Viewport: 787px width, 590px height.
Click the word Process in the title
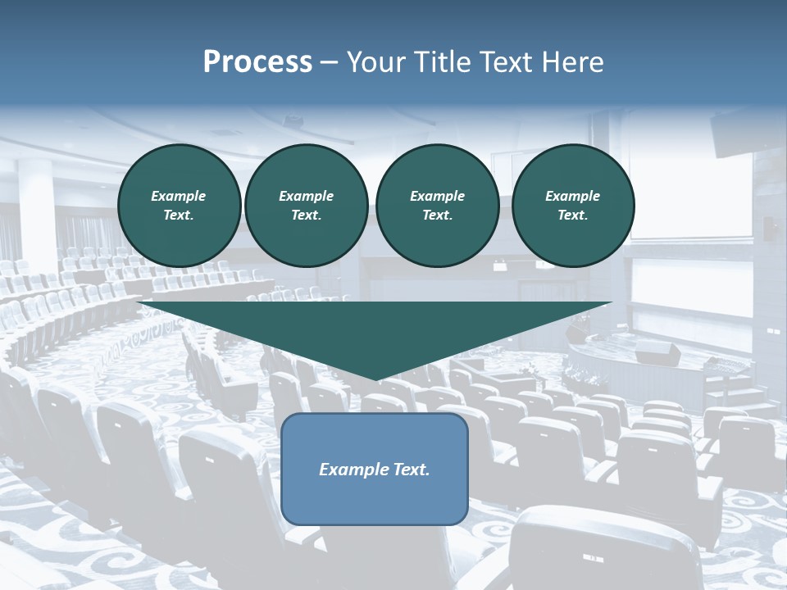click(x=257, y=62)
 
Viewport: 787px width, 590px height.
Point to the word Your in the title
click(x=377, y=62)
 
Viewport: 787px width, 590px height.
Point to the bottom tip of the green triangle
click(x=375, y=379)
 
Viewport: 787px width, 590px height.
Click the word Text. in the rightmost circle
click(x=572, y=215)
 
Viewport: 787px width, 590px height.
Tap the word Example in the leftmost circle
click(x=179, y=196)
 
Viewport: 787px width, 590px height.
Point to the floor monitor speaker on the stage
click(x=659, y=354)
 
